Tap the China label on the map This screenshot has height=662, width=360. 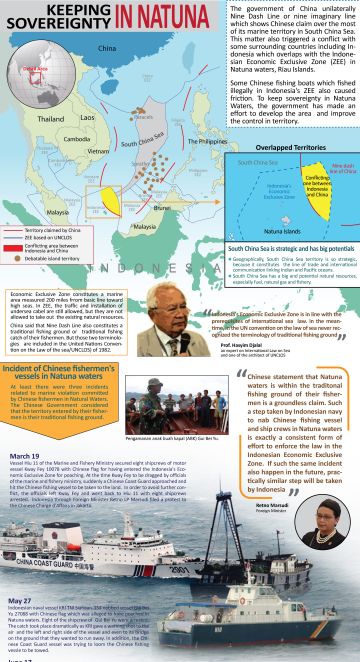click(107, 48)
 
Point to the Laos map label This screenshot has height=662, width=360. click(88, 117)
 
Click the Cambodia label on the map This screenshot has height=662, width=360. click(77, 139)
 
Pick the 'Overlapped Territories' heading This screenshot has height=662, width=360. click(285, 146)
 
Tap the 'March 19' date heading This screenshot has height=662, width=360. click(25, 455)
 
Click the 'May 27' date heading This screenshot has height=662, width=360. click(21, 600)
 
